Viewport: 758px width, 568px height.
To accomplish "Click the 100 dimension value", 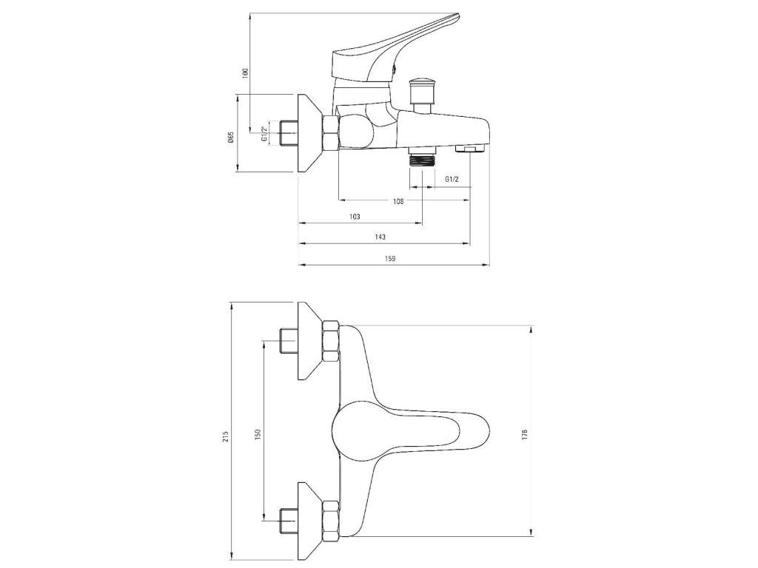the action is pyautogui.click(x=245, y=72).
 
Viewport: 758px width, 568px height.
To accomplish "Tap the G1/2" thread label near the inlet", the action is pyautogui.click(x=264, y=133).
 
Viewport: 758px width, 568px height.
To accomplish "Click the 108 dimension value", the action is pyautogui.click(x=399, y=201).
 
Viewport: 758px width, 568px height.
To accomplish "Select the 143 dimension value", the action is pyautogui.click(x=380, y=237).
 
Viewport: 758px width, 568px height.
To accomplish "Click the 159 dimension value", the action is pyautogui.click(x=391, y=258).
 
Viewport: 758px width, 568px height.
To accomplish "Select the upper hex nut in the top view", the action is pyautogui.click(x=331, y=340).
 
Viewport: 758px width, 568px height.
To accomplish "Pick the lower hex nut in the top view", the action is pyautogui.click(x=331, y=518).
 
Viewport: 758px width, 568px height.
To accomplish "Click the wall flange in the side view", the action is pyautogui.click(x=309, y=133).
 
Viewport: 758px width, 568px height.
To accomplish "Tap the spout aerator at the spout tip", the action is pyautogui.click(x=468, y=151).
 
